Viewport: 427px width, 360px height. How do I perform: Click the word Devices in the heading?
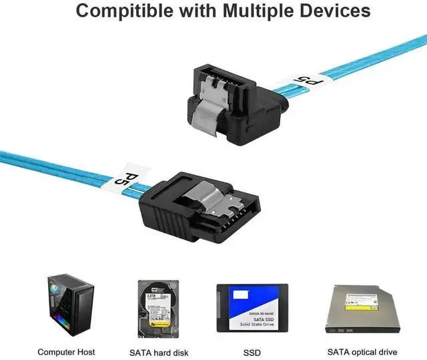click(337, 12)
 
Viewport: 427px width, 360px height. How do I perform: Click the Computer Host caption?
click(66, 352)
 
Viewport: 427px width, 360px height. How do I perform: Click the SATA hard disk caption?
click(159, 352)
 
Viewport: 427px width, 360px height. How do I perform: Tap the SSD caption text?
click(252, 352)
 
